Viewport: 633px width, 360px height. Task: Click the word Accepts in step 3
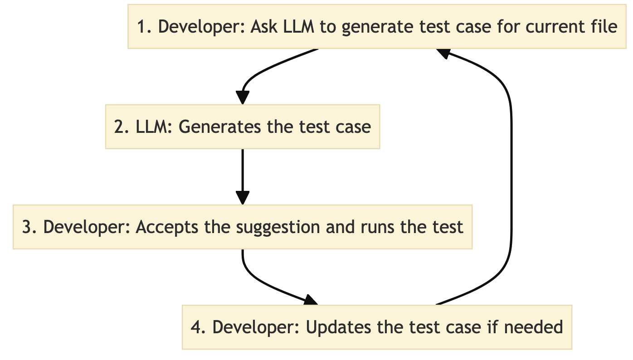pyautogui.click(x=163, y=227)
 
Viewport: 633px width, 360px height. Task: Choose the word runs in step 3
pyautogui.click(x=379, y=227)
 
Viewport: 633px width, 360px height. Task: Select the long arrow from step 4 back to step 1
pyautogui.click(x=511, y=181)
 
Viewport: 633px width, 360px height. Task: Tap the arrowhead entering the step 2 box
pyautogui.click(x=243, y=98)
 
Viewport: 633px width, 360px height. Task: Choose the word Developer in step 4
pyautogui.click(x=254, y=327)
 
